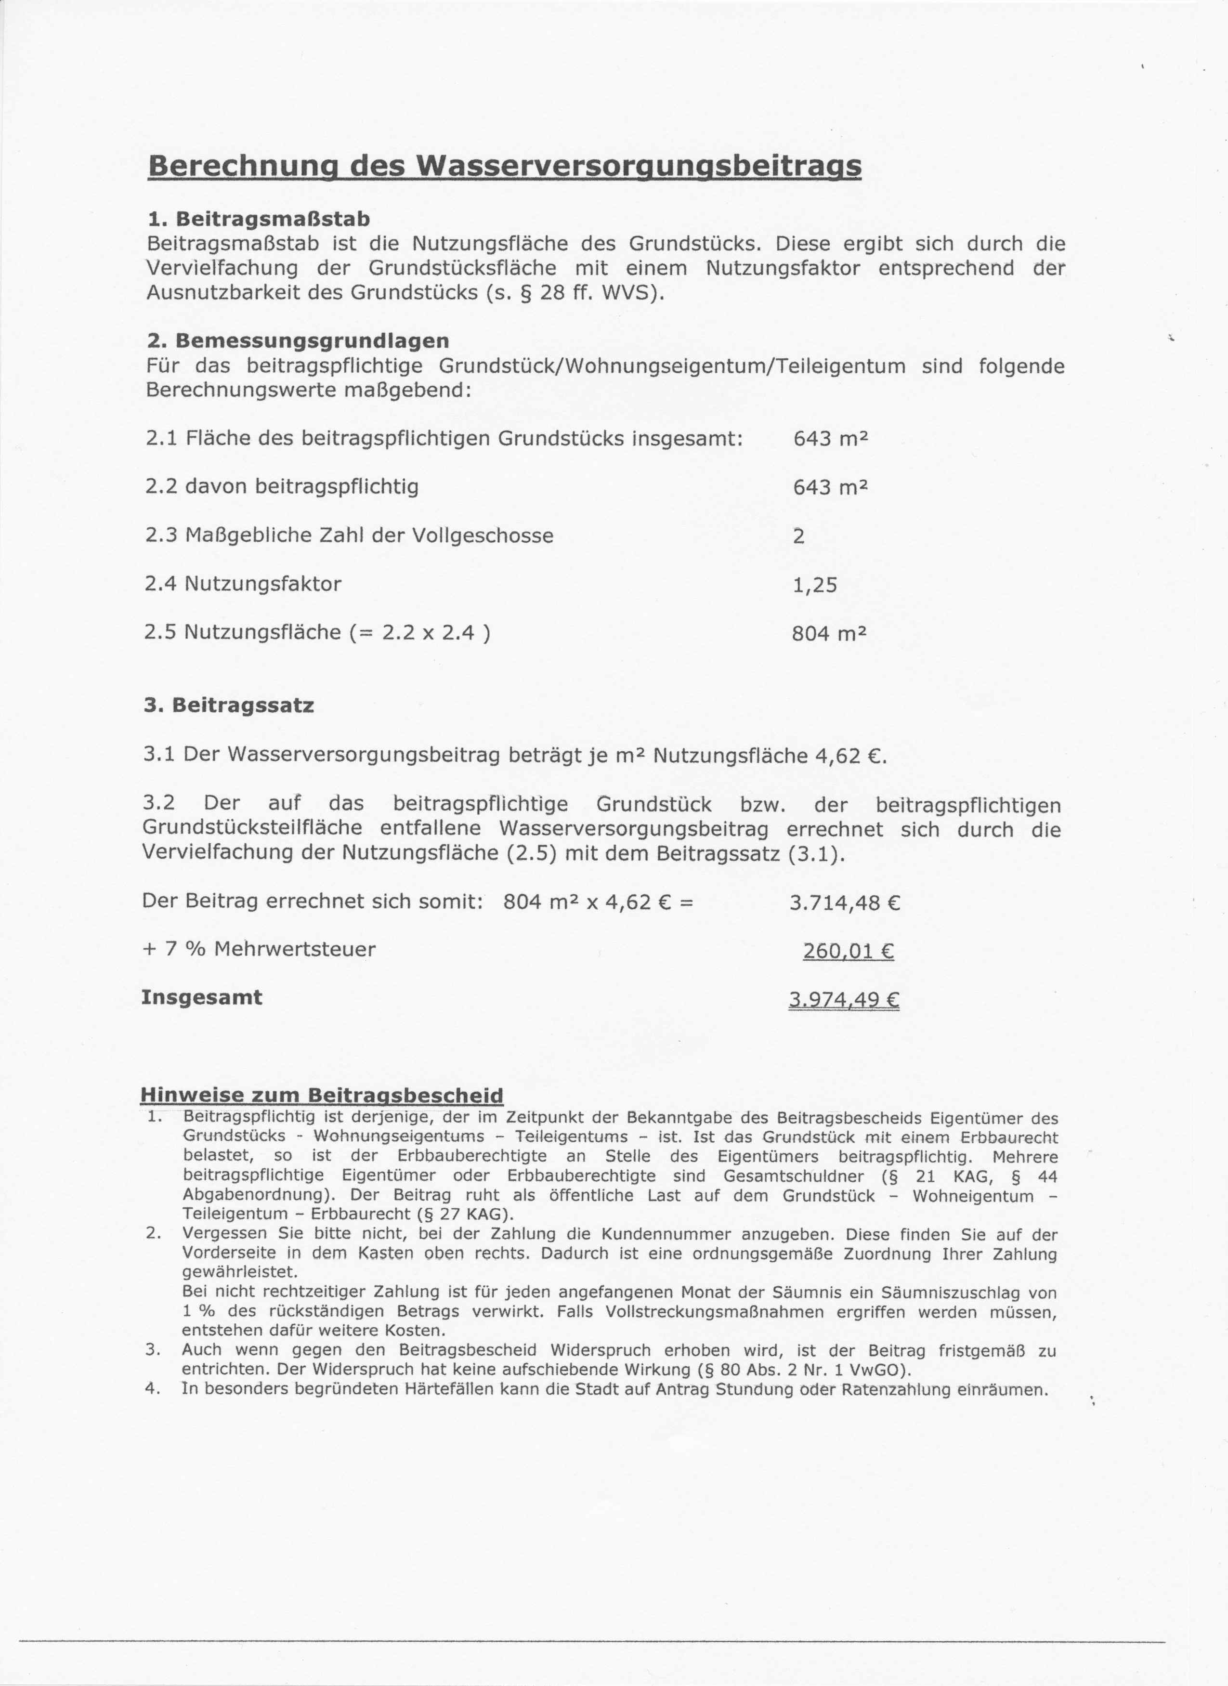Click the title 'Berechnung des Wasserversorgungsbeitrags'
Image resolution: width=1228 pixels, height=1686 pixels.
click(505, 165)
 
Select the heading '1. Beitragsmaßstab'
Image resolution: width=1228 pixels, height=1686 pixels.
click(258, 219)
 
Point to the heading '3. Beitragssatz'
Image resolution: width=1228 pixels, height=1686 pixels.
click(228, 706)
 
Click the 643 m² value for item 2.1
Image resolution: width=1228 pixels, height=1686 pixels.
click(830, 439)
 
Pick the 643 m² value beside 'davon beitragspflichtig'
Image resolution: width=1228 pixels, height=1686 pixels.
click(830, 487)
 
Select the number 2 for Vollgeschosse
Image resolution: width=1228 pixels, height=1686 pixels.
click(798, 536)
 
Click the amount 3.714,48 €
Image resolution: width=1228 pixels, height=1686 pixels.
click(845, 903)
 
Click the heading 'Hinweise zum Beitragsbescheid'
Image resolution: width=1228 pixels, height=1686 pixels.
click(321, 1095)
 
